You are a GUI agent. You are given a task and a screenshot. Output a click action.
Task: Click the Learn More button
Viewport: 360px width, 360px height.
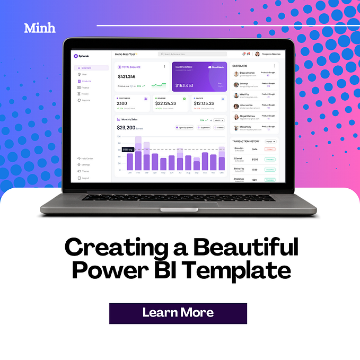coord(178,313)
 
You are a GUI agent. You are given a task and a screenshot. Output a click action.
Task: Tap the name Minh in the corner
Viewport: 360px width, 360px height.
coord(40,28)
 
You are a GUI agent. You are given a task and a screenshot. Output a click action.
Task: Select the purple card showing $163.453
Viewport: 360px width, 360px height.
coord(199,77)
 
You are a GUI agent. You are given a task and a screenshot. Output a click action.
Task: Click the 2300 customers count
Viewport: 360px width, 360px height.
coord(122,103)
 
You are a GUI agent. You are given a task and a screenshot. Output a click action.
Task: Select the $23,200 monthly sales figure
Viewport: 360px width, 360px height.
coord(126,127)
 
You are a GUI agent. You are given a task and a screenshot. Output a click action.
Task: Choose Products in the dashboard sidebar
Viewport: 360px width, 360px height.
coord(86,81)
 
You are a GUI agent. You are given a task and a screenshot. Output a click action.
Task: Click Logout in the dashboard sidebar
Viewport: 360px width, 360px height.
coord(85,178)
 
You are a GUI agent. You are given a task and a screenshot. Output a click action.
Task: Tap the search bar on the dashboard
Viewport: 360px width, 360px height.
coord(192,54)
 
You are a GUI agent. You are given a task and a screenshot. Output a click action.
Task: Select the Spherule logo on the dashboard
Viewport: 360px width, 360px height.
coord(82,56)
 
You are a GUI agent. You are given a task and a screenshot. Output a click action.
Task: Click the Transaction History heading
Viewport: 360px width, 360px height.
coord(247,141)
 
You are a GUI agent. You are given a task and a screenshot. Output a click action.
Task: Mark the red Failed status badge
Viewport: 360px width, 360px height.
coord(269,150)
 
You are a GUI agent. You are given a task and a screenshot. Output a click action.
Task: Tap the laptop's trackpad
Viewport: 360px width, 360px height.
coord(180,205)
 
